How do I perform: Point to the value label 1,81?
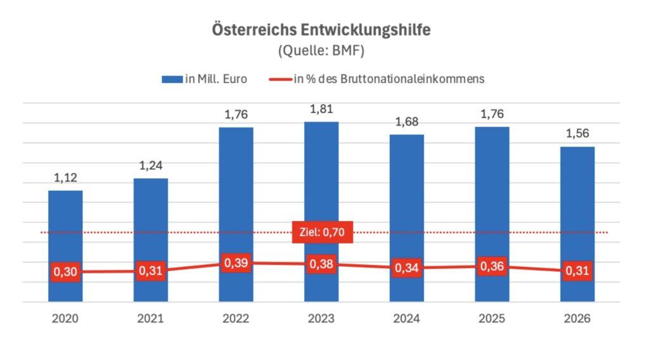click(321, 110)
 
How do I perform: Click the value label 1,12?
click(65, 178)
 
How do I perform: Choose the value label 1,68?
click(407, 122)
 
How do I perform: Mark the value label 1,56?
click(577, 134)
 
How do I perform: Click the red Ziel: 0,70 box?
click(321, 233)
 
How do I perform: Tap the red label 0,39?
click(236, 262)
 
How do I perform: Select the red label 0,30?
click(65, 272)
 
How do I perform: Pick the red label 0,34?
click(407, 268)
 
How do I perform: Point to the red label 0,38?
click(321, 264)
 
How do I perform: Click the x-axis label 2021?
click(151, 319)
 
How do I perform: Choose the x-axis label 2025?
click(492, 319)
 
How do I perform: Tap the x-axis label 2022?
click(236, 319)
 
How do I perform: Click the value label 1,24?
click(151, 166)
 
